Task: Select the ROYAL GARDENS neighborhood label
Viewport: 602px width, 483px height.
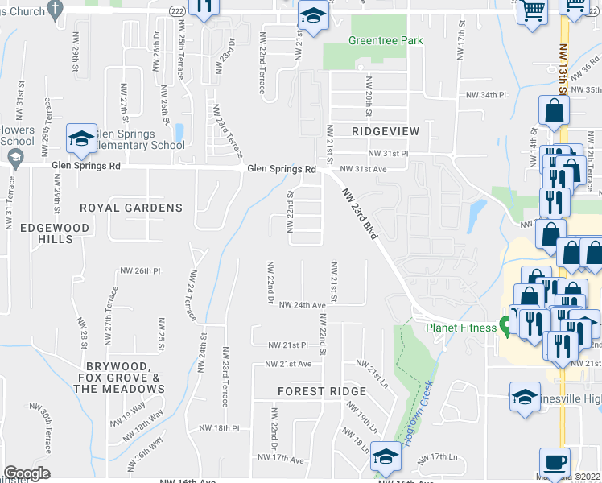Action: [142, 208]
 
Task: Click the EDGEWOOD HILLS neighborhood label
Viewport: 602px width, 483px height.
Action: [56, 234]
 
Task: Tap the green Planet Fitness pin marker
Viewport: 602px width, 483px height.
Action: [505, 326]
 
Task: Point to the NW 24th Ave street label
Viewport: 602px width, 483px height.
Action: [303, 305]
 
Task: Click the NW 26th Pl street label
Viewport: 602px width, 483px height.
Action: [142, 270]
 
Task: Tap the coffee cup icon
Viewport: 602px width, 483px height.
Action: [555, 463]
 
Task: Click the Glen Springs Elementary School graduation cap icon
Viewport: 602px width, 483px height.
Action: [80, 138]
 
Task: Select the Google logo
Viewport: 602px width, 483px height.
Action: [27, 473]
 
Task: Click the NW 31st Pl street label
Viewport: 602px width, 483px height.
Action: [389, 153]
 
